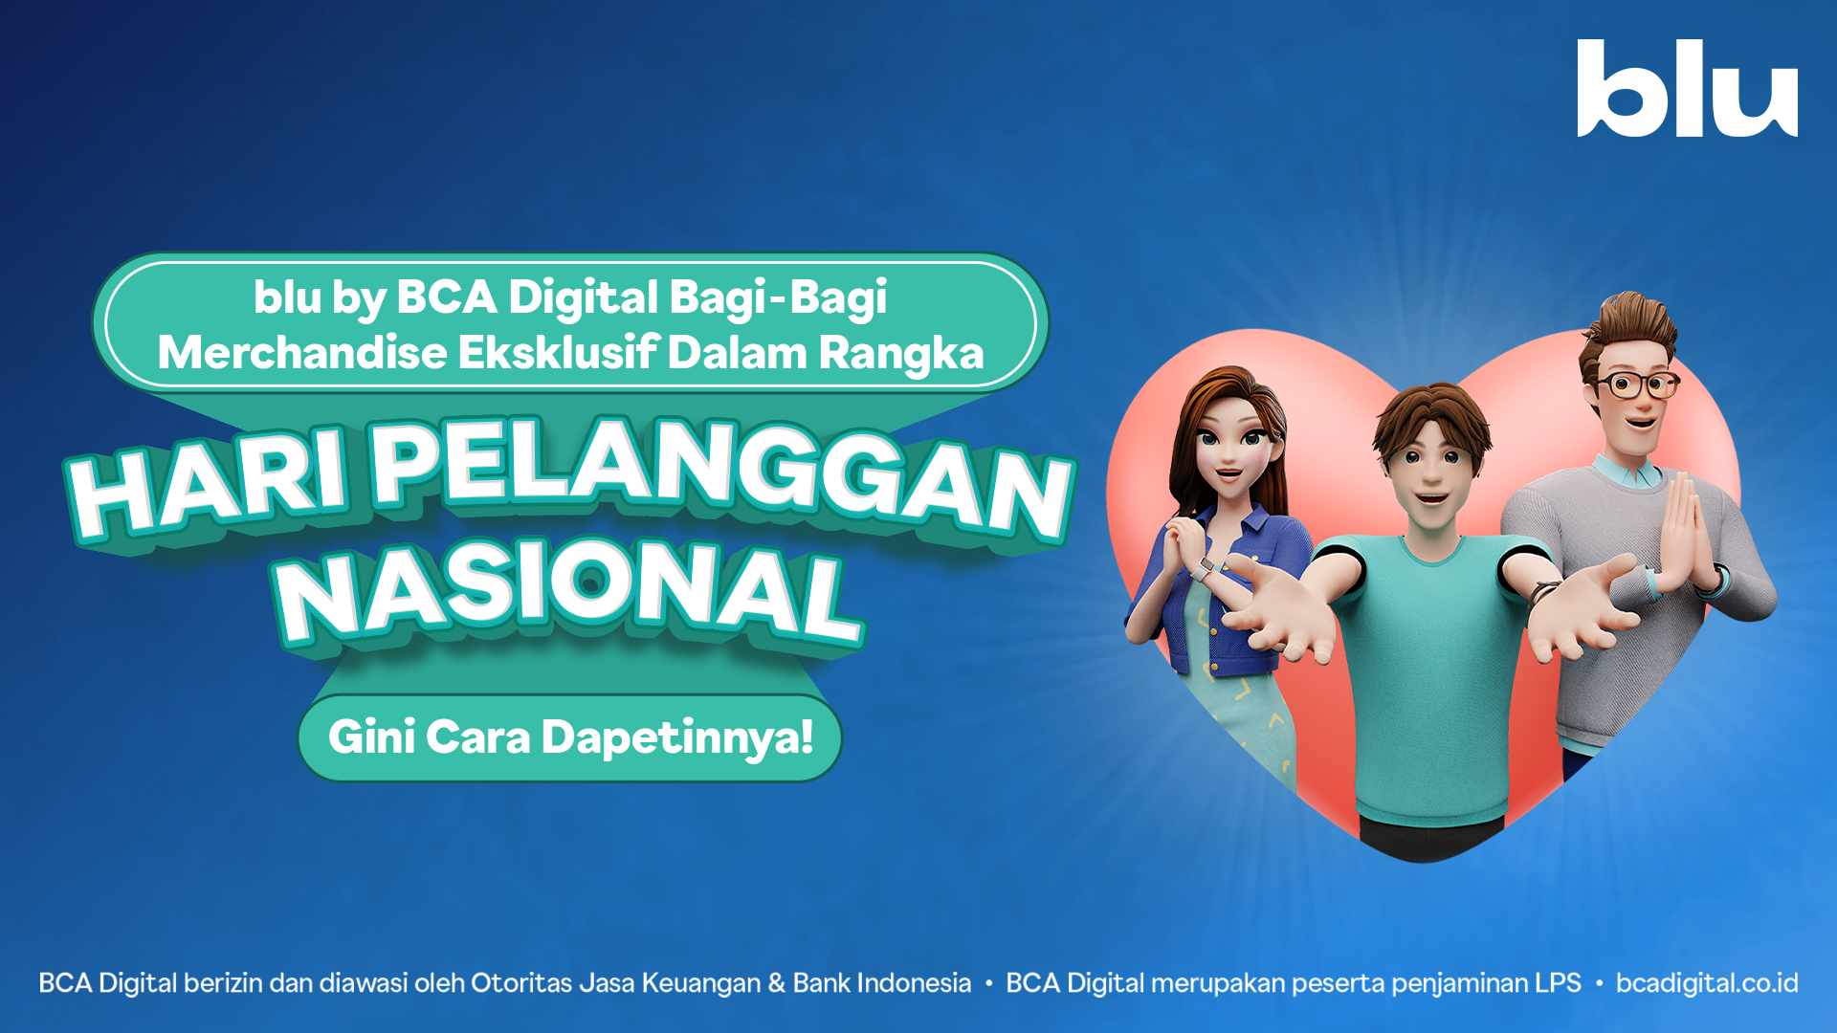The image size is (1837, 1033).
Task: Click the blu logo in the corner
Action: click(1687, 89)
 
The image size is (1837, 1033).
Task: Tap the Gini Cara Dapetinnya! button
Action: click(570, 737)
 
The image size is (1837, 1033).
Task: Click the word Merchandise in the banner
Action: click(302, 353)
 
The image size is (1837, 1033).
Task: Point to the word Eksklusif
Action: click(559, 353)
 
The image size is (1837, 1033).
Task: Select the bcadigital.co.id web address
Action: click(1707, 983)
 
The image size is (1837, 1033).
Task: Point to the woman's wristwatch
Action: click(1201, 571)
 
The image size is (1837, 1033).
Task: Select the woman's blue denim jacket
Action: click(1244, 593)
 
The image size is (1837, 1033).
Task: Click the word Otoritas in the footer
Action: click(522, 983)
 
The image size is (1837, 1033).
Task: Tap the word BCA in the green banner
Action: click(446, 297)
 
